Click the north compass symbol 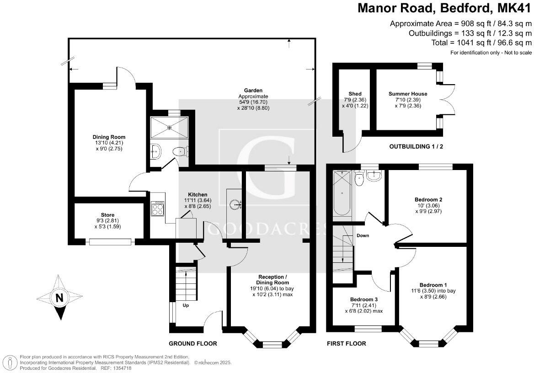coord(59,298)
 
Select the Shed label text coord(355,94)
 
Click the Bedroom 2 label coord(428,200)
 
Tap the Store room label coord(107,215)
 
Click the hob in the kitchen coord(158,209)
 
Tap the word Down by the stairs coord(363,236)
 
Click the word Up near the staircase coord(186,305)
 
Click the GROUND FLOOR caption coord(193,343)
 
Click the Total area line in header coord(481,43)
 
